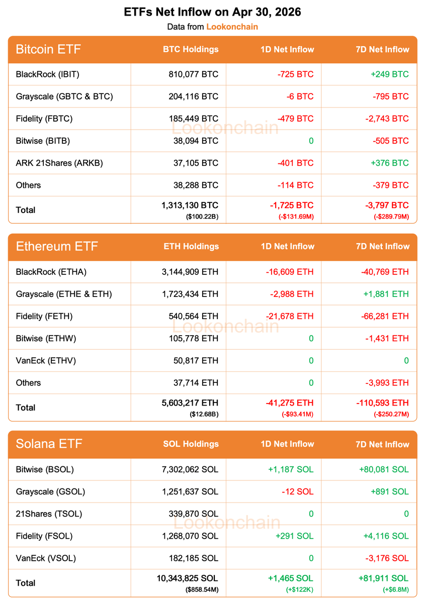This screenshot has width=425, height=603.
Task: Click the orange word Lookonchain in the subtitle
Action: coord(232,27)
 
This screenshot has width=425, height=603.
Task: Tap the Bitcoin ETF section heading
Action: coord(48,49)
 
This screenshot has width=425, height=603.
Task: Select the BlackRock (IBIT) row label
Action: coord(48,74)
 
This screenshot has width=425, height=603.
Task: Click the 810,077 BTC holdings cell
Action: coord(194,74)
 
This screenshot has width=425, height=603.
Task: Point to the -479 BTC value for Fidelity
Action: coord(295,119)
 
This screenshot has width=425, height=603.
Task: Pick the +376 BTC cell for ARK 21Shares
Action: coord(390,163)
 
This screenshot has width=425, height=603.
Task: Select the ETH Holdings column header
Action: coord(191,247)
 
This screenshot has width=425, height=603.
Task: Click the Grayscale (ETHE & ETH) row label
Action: coord(64,294)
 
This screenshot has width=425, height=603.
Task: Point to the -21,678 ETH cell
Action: coord(290,316)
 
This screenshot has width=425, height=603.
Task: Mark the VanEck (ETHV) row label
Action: coord(46,360)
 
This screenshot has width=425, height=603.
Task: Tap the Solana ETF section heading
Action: coord(49,444)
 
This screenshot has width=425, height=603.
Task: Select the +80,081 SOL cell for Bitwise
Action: coord(384,469)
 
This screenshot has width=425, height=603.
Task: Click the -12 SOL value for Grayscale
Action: coord(298,491)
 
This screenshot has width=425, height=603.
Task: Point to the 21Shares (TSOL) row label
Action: coord(49,514)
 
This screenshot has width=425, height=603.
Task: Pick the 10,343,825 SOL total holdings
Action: coord(187,578)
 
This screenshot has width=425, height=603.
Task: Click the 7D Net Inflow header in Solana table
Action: coord(382,444)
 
